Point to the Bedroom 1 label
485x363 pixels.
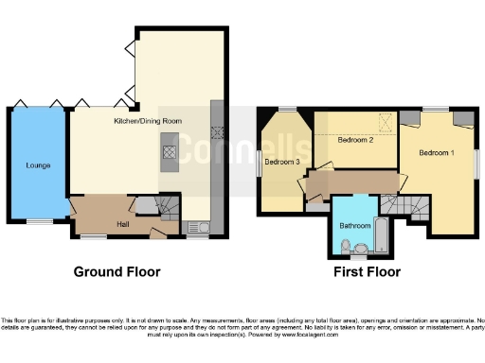(437, 152)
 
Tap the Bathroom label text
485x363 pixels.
(354, 226)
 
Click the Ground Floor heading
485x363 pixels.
(117, 272)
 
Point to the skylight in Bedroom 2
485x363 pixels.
(385, 120)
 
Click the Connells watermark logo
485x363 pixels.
(242, 148)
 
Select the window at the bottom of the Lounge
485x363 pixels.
(39, 221)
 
